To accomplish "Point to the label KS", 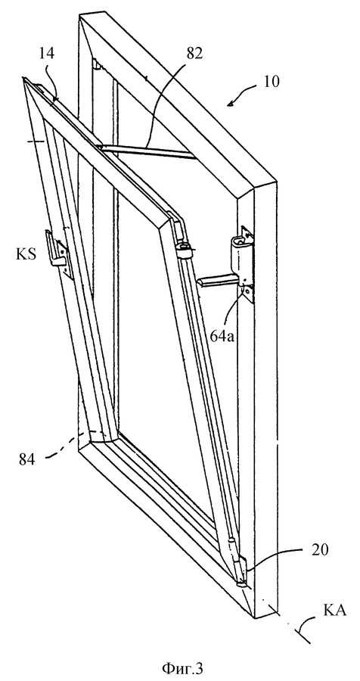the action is [25, 254].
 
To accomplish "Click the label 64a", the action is [223, 336].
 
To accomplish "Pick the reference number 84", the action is [27, 459].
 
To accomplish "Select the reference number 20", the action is [320, 550].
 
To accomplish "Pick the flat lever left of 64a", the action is [219, 282].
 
